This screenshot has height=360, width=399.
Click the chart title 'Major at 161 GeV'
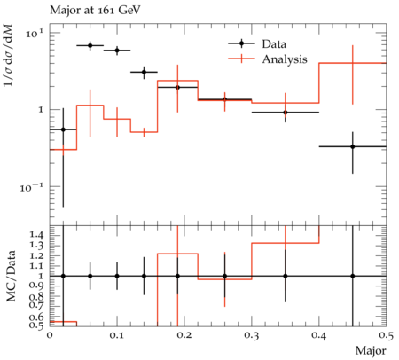pos(95,11)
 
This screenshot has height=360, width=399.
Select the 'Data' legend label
pos(274,44)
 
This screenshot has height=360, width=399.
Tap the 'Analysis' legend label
pos(285,59)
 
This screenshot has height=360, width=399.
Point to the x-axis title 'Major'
pos(371,350)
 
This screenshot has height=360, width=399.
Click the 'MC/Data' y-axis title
pos(11,276)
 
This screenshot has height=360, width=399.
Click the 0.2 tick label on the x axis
pos(184,335)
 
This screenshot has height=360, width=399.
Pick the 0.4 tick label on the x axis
pos(319,335)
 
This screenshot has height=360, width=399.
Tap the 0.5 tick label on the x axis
pos(386,335)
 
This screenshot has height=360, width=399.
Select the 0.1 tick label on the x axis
pos(117,335)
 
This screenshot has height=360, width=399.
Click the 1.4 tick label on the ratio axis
pos(36,236)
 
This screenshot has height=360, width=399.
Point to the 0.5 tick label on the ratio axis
pos(36,325)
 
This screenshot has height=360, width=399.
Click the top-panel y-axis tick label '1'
pos(41,110)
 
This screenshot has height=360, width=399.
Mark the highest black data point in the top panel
pos(90,45)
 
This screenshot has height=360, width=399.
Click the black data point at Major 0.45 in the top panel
pos(352,146)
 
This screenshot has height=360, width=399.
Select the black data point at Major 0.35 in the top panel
pos(286,113)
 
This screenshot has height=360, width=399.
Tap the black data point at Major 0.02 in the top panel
pos(63,129)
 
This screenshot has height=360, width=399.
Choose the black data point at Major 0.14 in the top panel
pos(144,72)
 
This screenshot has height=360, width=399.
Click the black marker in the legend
pos(241,43)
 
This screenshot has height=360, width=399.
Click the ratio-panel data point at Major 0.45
pos(352,276)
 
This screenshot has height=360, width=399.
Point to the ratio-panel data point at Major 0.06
pos(90,276)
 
